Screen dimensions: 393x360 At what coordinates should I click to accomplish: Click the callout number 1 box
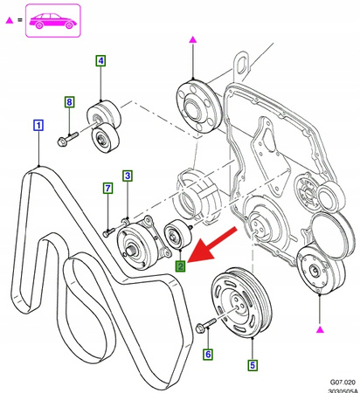pos(38,125)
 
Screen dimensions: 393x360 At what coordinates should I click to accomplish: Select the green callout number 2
pos(179,266)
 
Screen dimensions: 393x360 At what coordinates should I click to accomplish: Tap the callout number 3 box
pos(127,176)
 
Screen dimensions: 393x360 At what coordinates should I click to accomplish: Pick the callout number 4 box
pos(100,61)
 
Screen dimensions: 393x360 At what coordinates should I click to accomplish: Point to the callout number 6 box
pos(207,354)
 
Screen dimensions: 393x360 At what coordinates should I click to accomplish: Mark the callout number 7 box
pos(107,188)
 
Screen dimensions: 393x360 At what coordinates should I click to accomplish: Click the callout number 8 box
pos(69,102)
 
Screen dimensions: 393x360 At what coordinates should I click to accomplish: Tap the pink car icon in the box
pos(54,22)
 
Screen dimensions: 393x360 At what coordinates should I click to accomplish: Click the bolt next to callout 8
pos(70,136)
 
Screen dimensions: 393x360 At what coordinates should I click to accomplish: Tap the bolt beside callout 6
pos(205,327)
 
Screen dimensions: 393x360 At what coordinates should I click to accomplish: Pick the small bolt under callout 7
pos(108,231)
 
